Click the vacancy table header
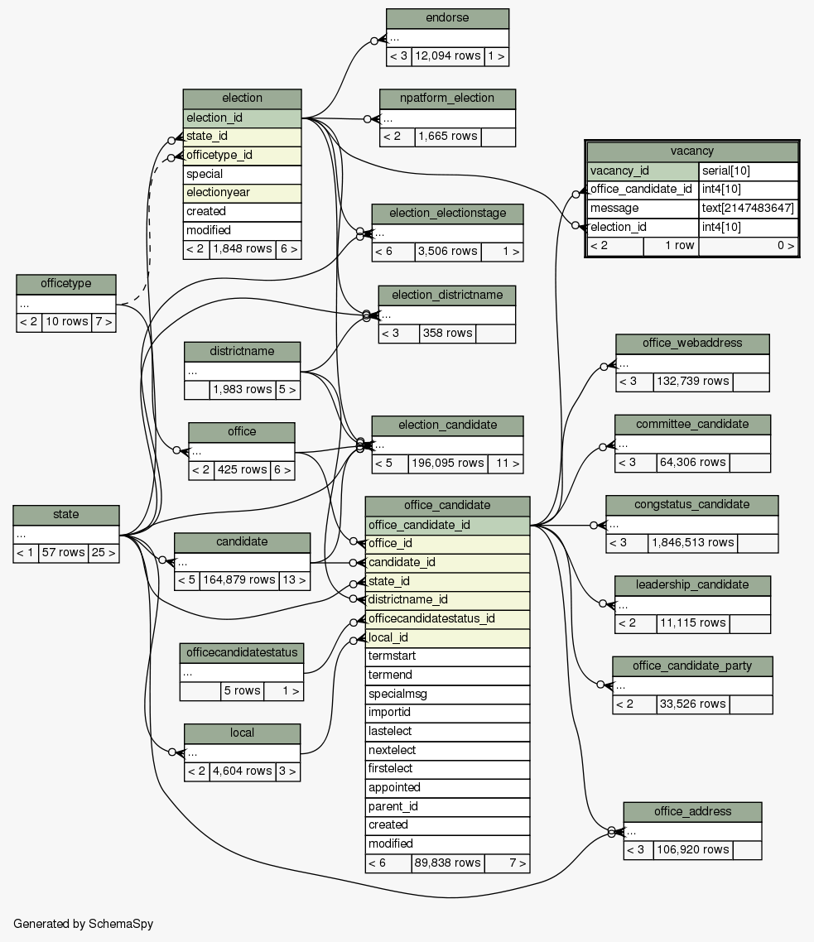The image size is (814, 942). pyautogui.click(x=691, y=151)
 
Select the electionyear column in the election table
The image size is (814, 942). pyautogui.click(x=242, y=193)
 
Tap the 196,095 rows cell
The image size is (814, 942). pyautogui.click(x=447, y=464)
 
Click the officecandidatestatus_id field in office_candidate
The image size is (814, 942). pyautogui.click(x=447, y=618)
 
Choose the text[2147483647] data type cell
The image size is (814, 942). pyautogui.click(x=748, y=208)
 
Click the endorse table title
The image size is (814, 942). pyautogui.click(x=447, y=19)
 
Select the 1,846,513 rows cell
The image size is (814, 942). pyautogui.click(x=691, y=543)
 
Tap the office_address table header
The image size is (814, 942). pyautogui.click(x=692, y=812)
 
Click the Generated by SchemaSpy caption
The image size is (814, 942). pyautogui.click(x=84, y=924)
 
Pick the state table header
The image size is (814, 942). pyautogui.click(x=66, y=515)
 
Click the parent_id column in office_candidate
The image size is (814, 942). pyautogui.click(x=447, y=806)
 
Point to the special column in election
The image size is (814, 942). pyautogui.click(x=242, y=175)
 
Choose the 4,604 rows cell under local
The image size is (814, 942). pyautogui.click(x=242, y=771)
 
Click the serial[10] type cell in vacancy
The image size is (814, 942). pyautogui.click(x=748, y=171)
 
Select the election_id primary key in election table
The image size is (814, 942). pyautogui.click(x=242, y=118)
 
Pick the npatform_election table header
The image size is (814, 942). pyautogui.click(x=447, y=99)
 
